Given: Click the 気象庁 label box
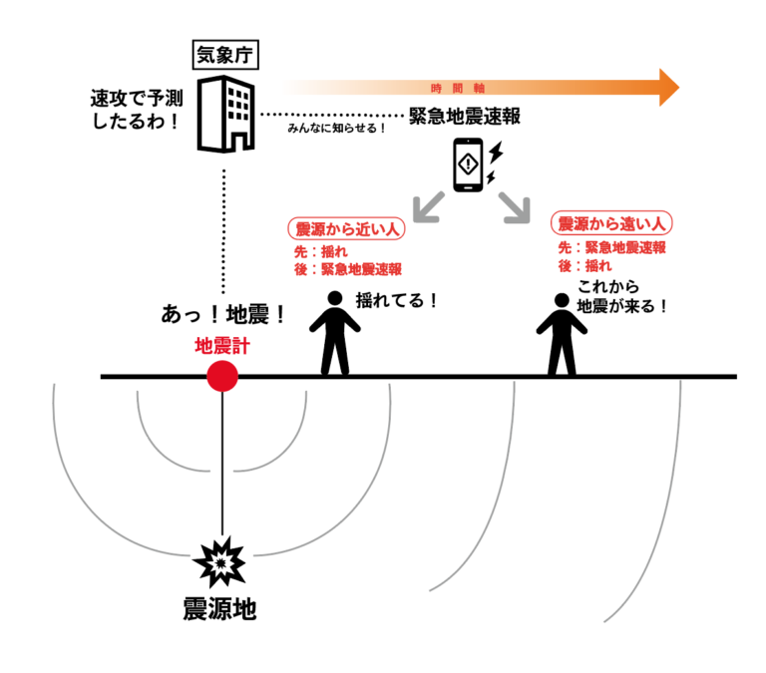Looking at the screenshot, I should click(224, 55).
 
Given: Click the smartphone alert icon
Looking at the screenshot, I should click(470, 165).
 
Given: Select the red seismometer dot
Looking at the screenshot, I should click(222, 376).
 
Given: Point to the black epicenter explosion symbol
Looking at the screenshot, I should click(221, 564).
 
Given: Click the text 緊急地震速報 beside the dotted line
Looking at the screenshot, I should click(465, 117).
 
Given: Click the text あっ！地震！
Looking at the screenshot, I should click(224, 315).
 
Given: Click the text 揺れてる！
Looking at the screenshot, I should click(397, 299).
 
